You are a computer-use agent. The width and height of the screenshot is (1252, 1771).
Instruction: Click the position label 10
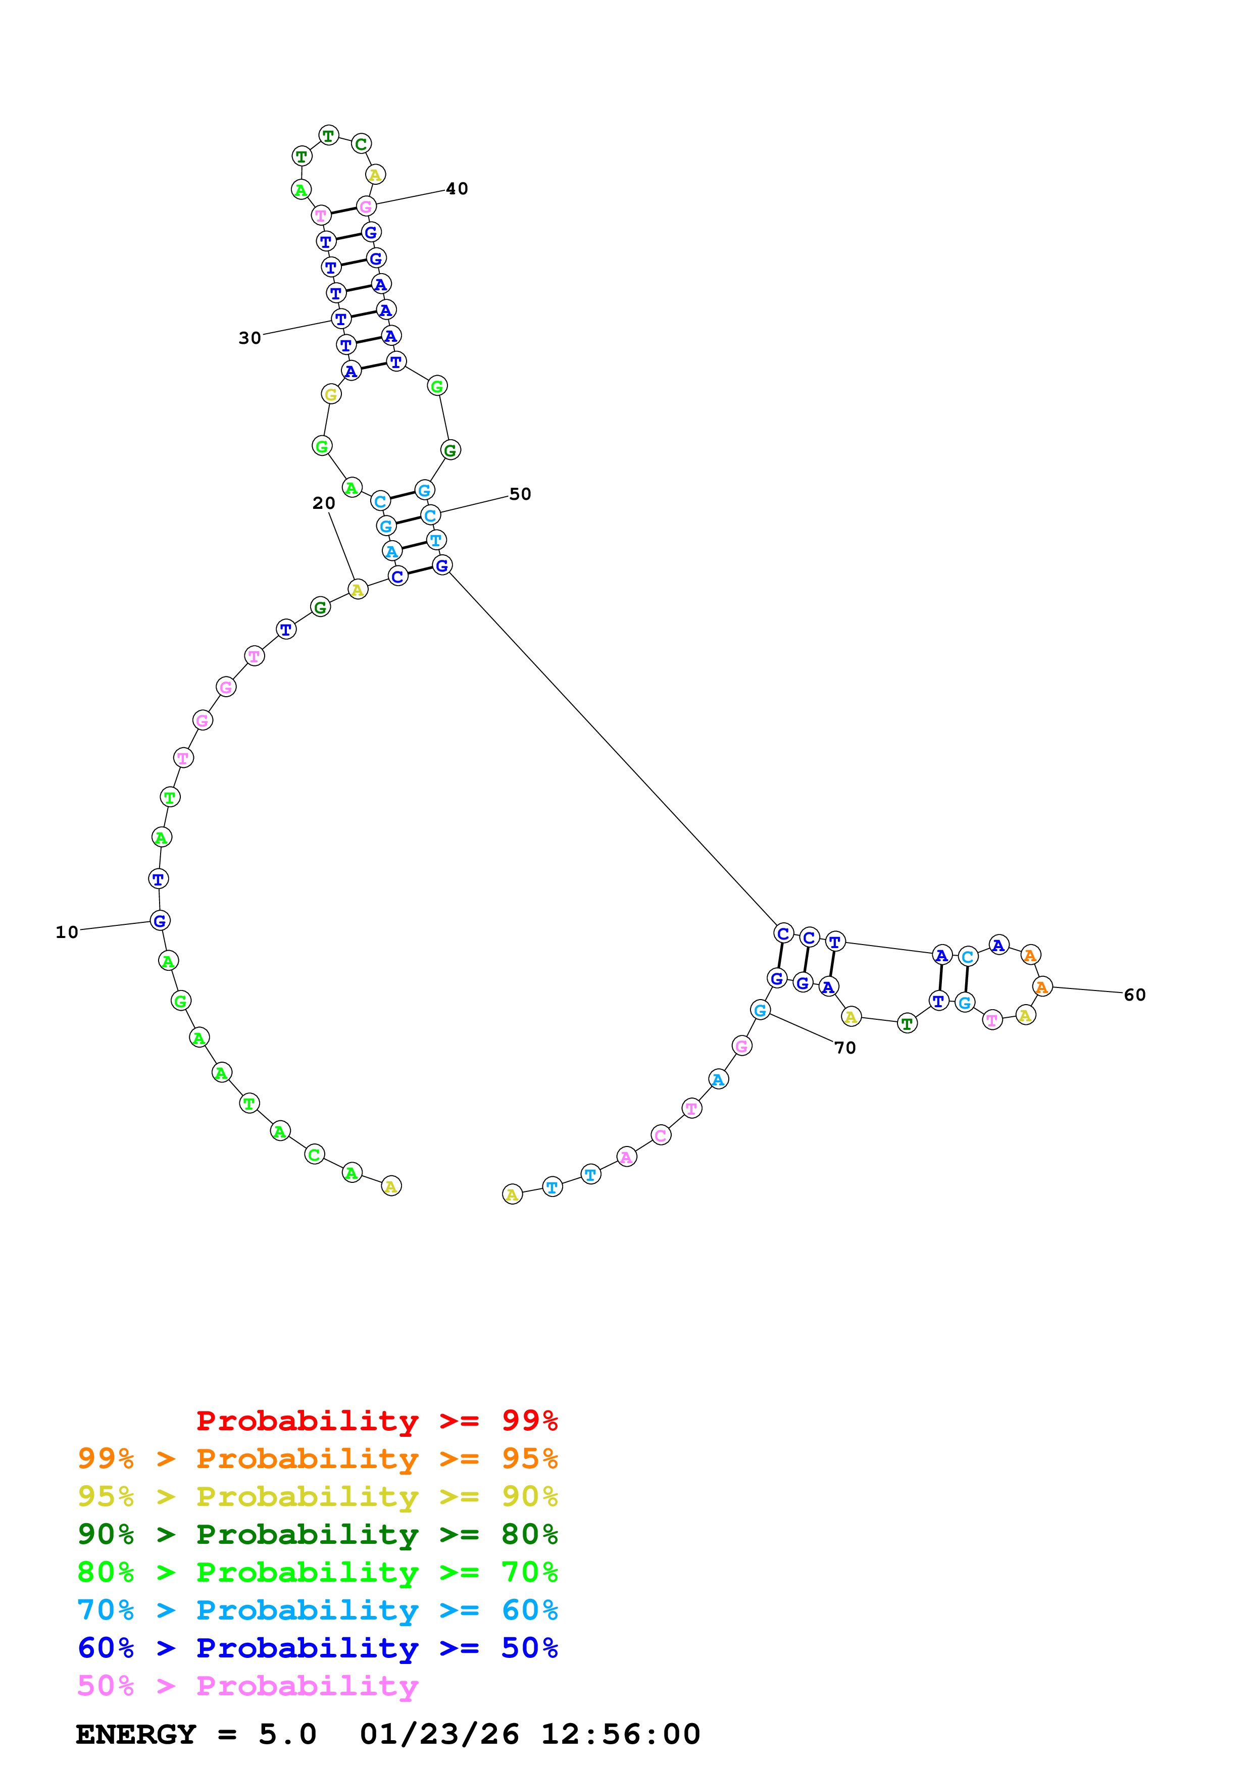click(67, 932)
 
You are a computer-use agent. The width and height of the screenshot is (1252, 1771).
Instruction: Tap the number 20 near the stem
click(324, 503)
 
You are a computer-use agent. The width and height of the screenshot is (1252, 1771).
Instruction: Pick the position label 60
click(1135, 995)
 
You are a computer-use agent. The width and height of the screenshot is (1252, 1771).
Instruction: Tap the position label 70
click(845, 1048)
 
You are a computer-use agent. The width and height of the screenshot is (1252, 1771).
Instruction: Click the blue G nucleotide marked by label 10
click(160, 920)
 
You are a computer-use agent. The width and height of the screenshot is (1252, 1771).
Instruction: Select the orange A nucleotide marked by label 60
click(1042, 986)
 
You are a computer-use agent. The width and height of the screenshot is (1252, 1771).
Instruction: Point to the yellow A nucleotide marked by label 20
click(357, 590)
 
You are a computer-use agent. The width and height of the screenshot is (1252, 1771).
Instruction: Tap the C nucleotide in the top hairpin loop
click(361, 143)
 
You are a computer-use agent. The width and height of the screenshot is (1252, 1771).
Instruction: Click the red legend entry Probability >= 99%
click(376, 1420)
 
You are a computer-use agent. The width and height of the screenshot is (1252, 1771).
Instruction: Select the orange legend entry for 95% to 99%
click(317, 1459)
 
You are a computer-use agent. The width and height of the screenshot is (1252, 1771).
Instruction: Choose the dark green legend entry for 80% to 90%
click(317, 1534)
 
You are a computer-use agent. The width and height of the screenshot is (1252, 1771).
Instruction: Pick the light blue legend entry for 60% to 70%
click(317, 1610)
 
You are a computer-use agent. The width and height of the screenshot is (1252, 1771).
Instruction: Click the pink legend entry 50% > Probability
click(247, 1685)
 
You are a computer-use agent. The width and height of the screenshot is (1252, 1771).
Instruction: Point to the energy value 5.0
click(287, 1735)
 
